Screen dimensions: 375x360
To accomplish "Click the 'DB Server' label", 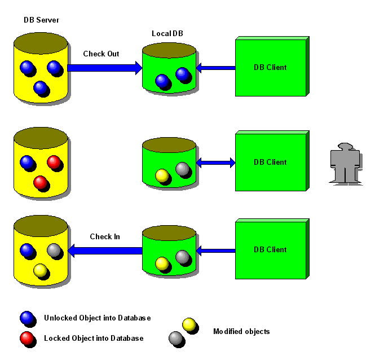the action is (x=41, y=20).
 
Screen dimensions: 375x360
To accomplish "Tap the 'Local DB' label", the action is (x=167, y=33).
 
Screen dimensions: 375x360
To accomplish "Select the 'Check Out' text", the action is (x=101, y=54).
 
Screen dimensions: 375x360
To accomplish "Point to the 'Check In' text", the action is (x=105, y=237).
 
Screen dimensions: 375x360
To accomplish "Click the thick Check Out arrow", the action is (x=105, y=68).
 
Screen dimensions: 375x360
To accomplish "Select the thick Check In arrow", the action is (x=105, y=251).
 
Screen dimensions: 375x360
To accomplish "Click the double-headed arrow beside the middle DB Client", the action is (x=216, y=163).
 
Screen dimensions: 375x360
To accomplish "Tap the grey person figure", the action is (x=345, y=164).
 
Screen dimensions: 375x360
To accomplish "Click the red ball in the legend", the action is (x=27, y=338).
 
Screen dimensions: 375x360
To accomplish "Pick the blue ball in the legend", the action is (x=27, y=318).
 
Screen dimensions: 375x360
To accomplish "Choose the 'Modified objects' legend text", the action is (x=241, y=331).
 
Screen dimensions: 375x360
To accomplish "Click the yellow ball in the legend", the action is (x=189, y=324).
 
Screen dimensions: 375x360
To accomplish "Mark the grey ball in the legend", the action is (x=176, y=338).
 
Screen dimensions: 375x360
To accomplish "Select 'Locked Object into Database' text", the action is (x=94, y=338).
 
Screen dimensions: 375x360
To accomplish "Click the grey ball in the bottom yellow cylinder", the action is (x=54, y=250).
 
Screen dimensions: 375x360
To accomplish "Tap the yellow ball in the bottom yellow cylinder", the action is (x=41, y=270).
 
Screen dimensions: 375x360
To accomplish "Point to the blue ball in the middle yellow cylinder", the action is (x=27, y=162).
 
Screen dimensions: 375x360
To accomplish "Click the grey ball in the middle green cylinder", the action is (x=183, y=169).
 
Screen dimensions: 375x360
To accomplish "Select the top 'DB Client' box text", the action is (x=270, y=68).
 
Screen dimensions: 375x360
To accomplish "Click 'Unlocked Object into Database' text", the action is (x=98, y=318).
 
